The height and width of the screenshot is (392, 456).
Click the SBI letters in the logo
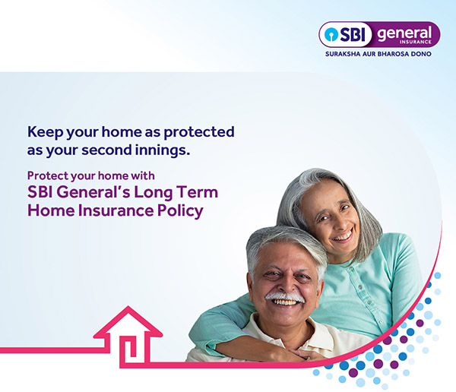tap(353, 35)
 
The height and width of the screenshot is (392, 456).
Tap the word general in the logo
tap(404, 34)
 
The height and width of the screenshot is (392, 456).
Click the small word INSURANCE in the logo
tap(415, 42)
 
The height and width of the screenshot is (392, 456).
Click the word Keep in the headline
tap(45, 132)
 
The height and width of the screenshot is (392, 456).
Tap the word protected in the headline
tap(199, 132)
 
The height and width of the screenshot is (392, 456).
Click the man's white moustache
tap(284, 296)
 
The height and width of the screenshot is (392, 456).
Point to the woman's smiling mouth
tap(342, 236)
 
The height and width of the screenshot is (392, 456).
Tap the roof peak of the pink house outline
tap(128, 307)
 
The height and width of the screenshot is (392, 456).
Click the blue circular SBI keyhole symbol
tap(331, 35)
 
